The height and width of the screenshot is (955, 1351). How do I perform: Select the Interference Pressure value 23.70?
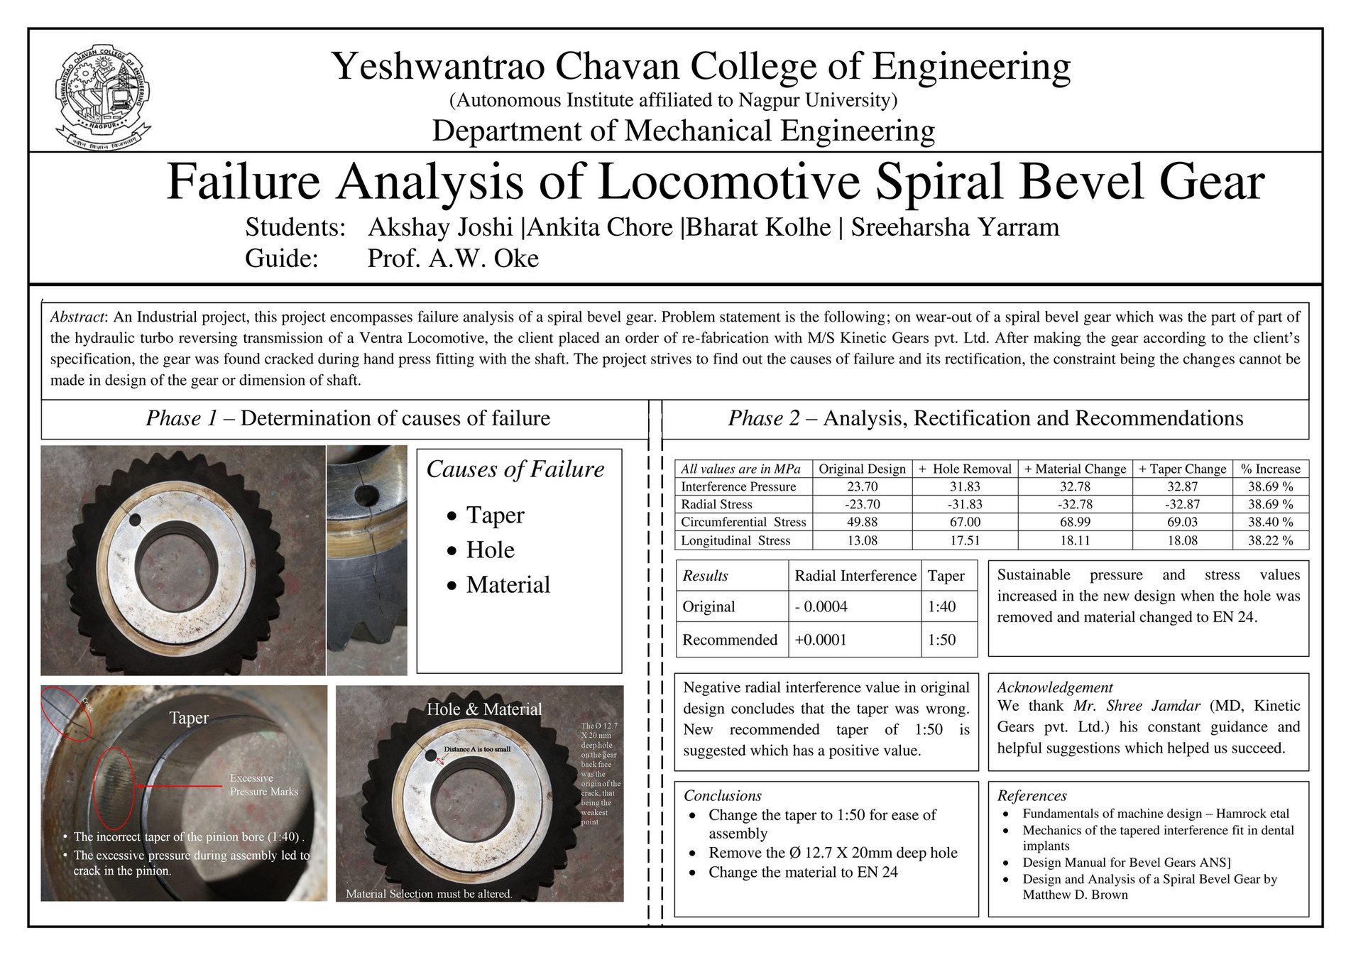point(862,486)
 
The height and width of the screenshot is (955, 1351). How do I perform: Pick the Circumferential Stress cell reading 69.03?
point(1182,522)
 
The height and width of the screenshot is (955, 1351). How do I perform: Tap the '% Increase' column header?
point(1270,469)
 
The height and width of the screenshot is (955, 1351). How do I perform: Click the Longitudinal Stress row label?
point(735,540)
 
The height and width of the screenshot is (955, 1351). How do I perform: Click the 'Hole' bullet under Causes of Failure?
point(490,550)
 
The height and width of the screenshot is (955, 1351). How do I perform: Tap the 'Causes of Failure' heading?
point(515,469)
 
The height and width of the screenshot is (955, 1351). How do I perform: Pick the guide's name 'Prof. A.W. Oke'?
point(453,258)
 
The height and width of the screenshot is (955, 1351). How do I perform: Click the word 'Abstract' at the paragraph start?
point(77,317)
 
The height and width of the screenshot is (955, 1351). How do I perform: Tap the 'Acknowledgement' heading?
point(1054,687)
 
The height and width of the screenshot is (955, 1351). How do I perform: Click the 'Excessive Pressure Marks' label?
point(263,785)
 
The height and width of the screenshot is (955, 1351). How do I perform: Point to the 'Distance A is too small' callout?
point(476,749)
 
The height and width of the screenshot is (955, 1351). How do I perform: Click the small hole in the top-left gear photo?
point(133,520)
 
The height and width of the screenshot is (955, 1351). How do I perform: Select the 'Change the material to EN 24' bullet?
point(803,872)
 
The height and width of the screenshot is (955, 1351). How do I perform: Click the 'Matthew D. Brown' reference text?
point(1075,895)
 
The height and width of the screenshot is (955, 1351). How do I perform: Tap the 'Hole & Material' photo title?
point(483,709)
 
